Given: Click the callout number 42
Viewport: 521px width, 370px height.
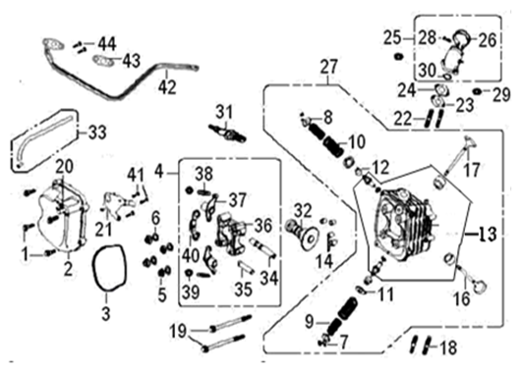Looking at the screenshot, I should [167, 86].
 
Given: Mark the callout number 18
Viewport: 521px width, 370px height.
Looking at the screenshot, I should [447, 347].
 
